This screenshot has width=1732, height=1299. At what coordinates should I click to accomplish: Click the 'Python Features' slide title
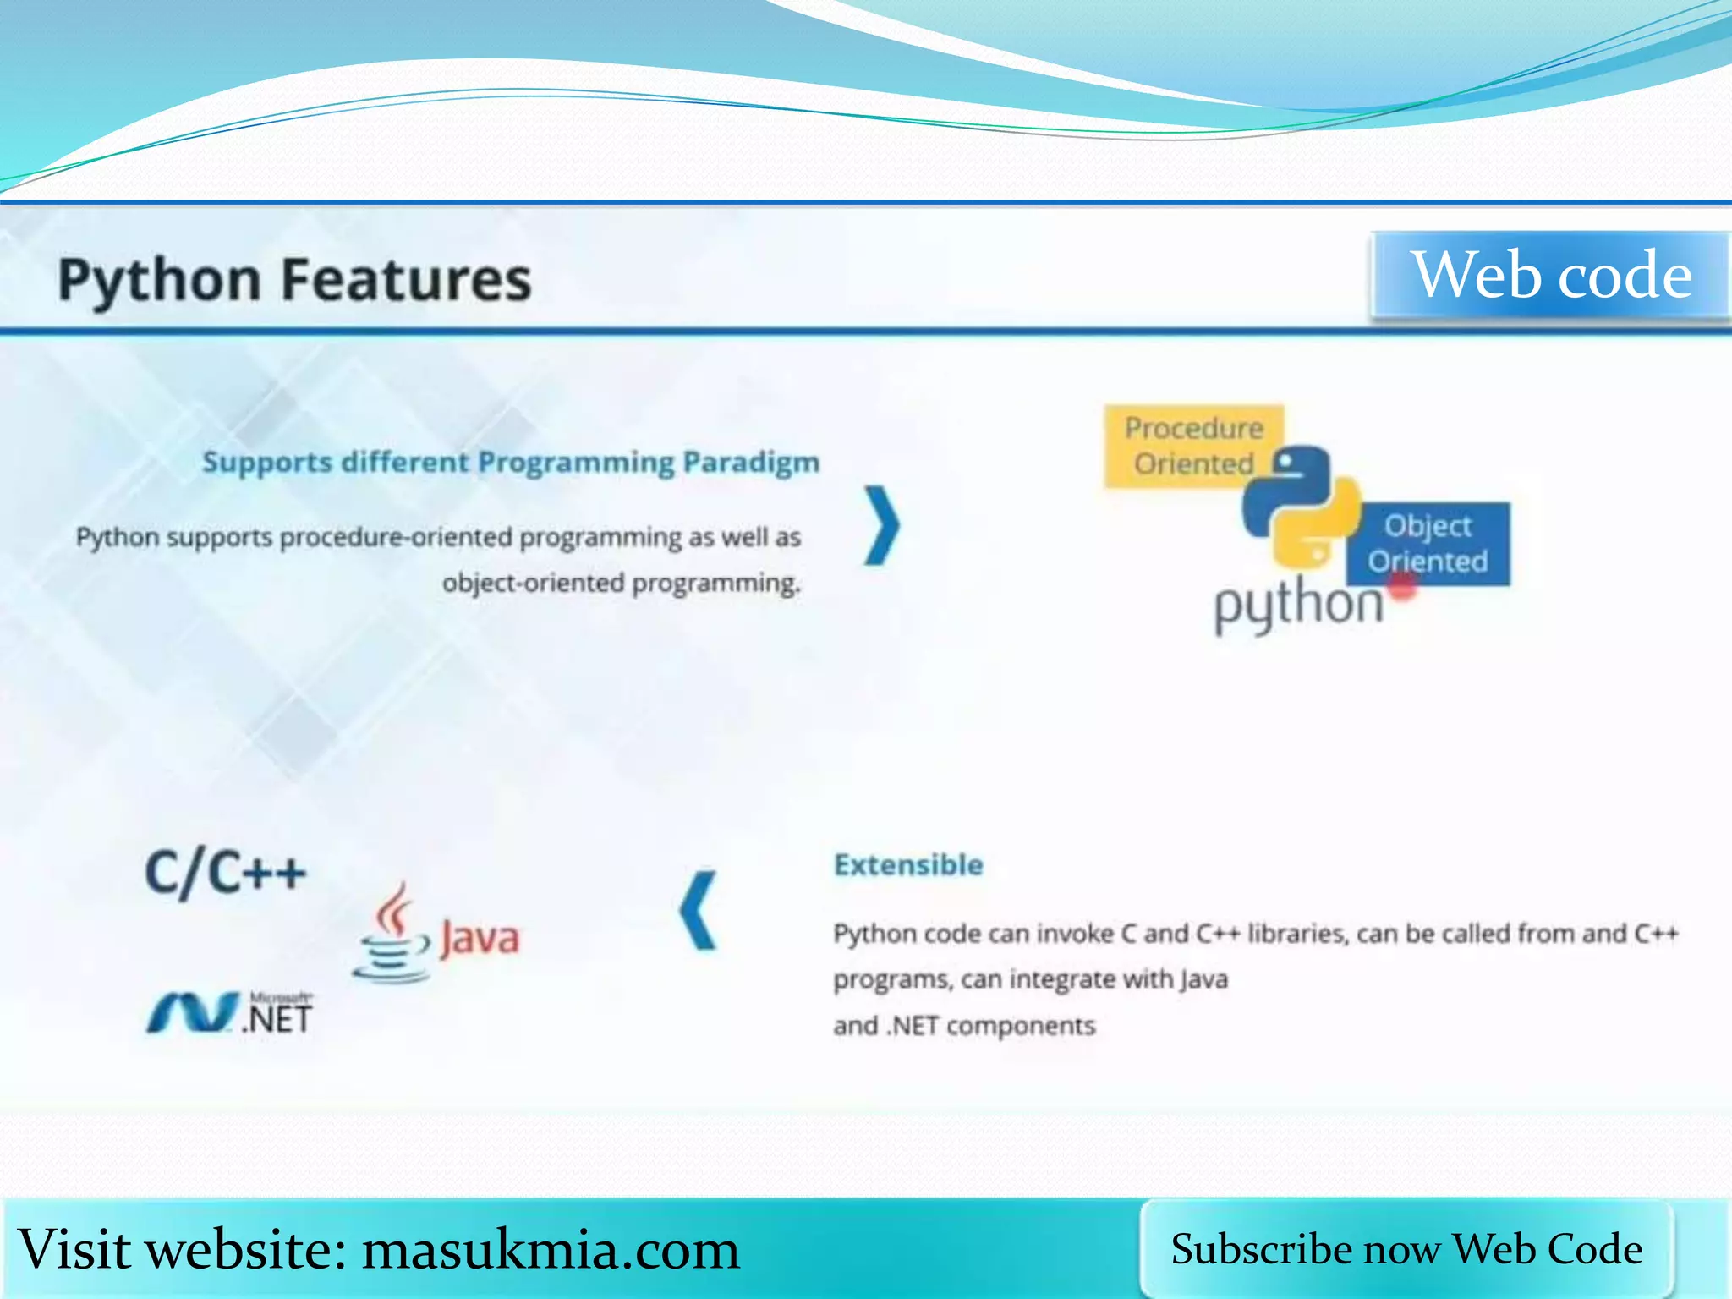[x=294, y=280]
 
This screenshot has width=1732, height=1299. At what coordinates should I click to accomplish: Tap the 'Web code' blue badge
[x=1551, y=276]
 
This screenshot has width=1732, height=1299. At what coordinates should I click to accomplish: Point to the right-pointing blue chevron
[x=881, y=525]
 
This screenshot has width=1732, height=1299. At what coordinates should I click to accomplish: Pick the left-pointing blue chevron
[x=699, y=911]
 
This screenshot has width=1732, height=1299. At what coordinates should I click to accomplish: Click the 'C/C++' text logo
[x=225, y=873]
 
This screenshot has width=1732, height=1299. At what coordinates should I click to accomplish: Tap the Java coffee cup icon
[x=392, y=935]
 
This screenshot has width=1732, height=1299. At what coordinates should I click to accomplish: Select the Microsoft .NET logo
[x=230, y=1013]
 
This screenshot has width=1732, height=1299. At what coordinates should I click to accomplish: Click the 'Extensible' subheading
[x=908, y=865]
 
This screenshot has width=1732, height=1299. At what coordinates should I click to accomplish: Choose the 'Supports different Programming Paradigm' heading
[x=511, y=463]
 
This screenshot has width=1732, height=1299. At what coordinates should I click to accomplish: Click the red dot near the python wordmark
[x=1402, y=587]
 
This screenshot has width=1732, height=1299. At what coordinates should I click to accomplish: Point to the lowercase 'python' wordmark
[x=1298, y=606]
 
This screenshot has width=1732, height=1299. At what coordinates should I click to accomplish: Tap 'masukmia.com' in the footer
[x=551, y=1250]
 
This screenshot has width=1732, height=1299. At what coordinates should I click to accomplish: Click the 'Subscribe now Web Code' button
[x=1406, y=1249]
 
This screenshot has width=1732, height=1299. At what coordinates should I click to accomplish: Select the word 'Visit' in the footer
[x=75, y=1249]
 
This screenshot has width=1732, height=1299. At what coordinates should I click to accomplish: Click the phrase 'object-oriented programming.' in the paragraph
[x=621, y=584]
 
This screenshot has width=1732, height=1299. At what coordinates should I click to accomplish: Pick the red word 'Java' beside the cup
[x=480, y=939]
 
